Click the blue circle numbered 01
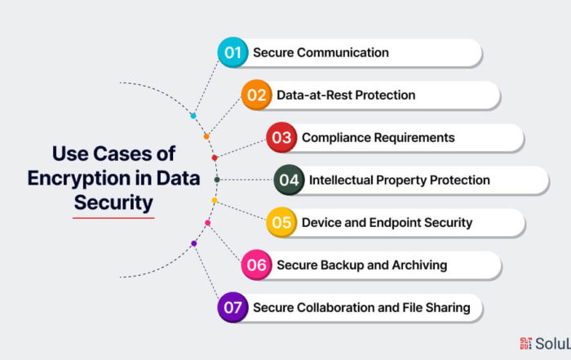232,52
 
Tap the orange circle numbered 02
256,95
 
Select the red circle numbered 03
281,137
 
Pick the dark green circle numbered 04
289,180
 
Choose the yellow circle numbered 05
281,222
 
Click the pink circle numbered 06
256,265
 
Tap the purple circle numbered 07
232,308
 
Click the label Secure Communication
321,52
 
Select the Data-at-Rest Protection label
346,95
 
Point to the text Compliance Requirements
378,138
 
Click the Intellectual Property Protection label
400,180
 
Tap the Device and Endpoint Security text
387,223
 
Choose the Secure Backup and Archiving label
362,265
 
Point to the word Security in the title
113,203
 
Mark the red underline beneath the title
113,218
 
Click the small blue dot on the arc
193,116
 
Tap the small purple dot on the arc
194,243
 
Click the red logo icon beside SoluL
525,343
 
